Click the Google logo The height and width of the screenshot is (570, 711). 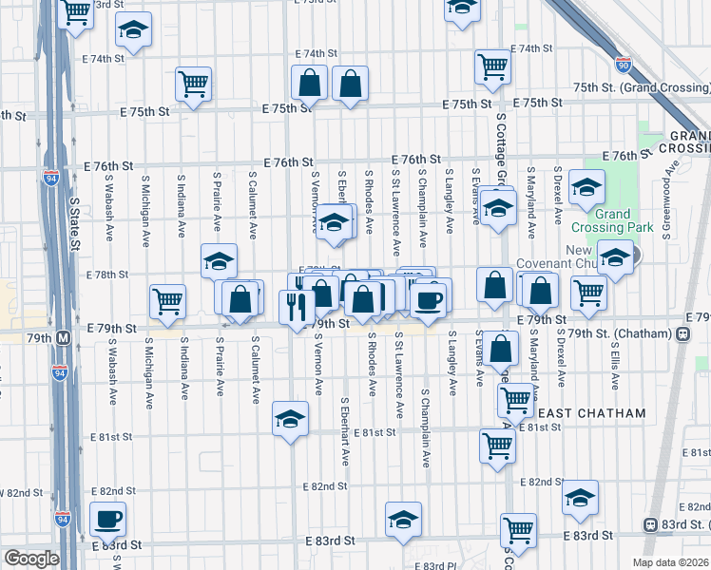pyautogui.click(x=30, y=559)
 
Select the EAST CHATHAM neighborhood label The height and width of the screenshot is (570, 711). pyautogui.click(x=592, y=413)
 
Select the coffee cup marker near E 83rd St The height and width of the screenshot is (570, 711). pyautogui.click(x=106, y=519)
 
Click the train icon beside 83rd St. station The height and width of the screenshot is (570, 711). pyautogui.click(x=651, y=524)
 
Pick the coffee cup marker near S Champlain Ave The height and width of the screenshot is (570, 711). pyautogui.click(x=430, y=300)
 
